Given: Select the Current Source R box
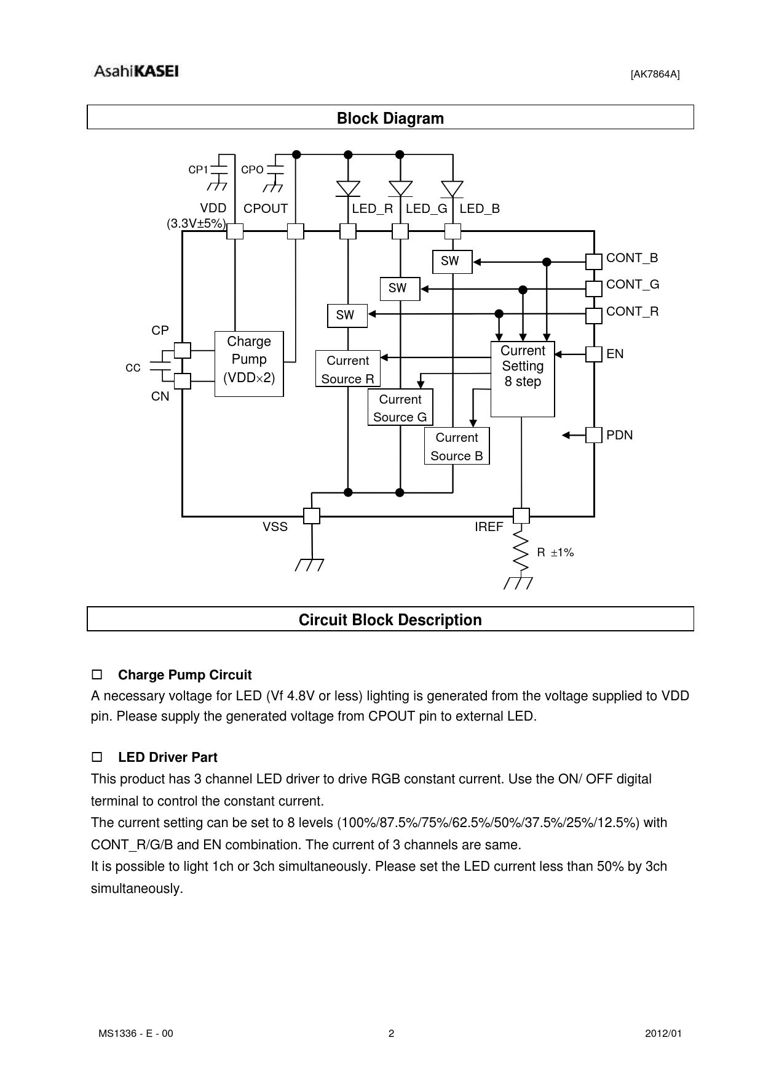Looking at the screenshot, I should [348, 369].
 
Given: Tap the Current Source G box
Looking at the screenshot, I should [400, 407].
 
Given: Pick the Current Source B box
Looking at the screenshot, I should [457, 446].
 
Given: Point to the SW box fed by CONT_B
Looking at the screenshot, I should [452, 261].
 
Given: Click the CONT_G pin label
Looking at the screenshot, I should [633, 284].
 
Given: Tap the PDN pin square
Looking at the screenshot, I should [594, 435].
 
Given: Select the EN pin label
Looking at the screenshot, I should [615, 354].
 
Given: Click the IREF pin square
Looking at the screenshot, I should [521, 516].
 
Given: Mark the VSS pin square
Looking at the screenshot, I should [312, 516].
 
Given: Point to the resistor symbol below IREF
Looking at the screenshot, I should [521, 552].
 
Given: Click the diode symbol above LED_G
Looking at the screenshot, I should [400, 188].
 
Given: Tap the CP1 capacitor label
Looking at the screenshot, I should [198, 170].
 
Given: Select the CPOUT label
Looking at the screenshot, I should [266, 209].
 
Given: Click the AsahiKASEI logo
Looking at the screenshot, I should [136, 71].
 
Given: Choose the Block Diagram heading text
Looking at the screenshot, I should [390, 118].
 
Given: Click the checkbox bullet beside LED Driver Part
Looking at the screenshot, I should [97, 757].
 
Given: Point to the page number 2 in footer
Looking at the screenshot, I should [391, 1033].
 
